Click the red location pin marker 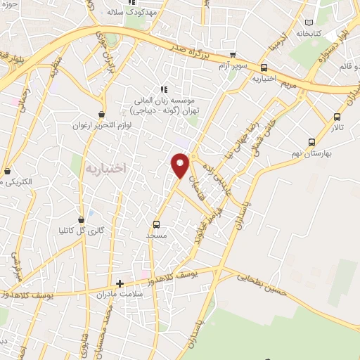pyautogui.click(x=180, y=165)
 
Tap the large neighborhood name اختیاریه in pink pyautogui.click(x=105, y=168)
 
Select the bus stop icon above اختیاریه pyautogui.click(x=264, y=68)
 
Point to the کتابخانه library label pyautogui.click(x=309, y=33)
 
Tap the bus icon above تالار pyautogui.click(x=337, y=117)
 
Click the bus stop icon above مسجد pyautogui.click(x=156, y=225)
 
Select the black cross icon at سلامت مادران pyautogui.click(x=120, y=284)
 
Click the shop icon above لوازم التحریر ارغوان pyautogui.click(x=102, y=113)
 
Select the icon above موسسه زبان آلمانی pyautogui.click(x=164, y=89)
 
